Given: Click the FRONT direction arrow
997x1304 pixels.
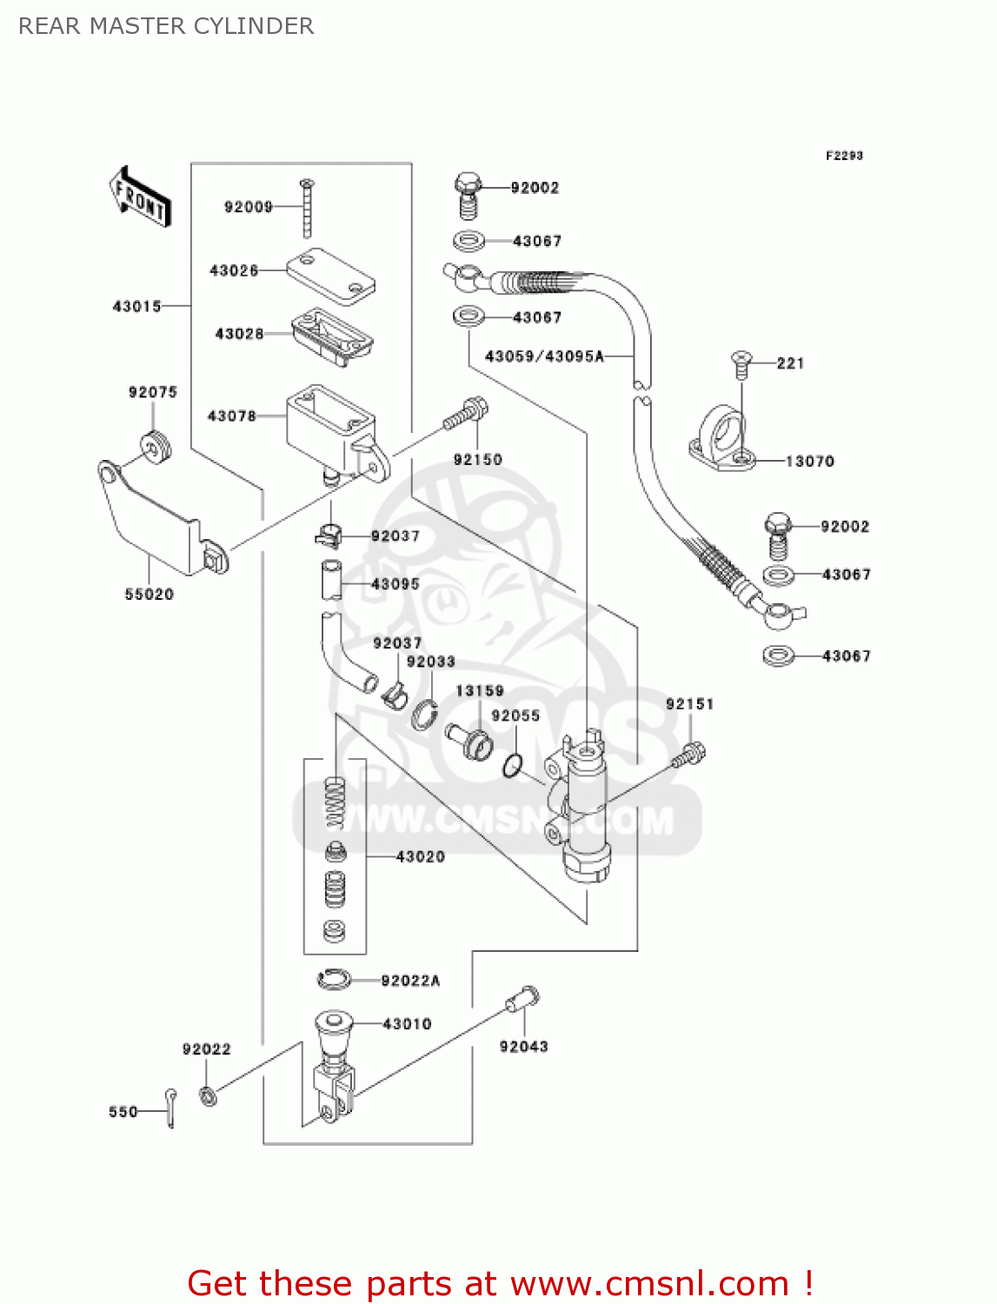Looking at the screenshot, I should tap(140, 197).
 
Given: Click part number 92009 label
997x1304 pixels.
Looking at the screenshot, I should tap(248, 207).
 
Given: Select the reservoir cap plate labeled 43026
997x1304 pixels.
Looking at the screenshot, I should tap(331, 276).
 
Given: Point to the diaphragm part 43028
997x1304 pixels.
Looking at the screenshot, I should tap(332, 335).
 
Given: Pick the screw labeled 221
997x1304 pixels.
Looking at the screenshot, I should tap(741, 364).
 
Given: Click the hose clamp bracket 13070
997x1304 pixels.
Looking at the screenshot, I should tap(721, 440).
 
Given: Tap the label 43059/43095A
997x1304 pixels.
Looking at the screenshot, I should tap(544, 356).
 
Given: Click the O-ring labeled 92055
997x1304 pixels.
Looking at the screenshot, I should tap(513, 766).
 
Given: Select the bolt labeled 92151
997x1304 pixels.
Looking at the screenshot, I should tap(688, 754).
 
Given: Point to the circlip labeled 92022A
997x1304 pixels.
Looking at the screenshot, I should tap(334, 980).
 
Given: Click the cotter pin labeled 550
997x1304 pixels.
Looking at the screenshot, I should tap(171, 1108).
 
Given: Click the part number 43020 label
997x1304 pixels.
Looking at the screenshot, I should tap(420, 857).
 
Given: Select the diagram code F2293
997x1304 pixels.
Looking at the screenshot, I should tap(844, 156).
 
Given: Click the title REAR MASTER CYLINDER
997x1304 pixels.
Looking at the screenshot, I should tap(166, 26).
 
